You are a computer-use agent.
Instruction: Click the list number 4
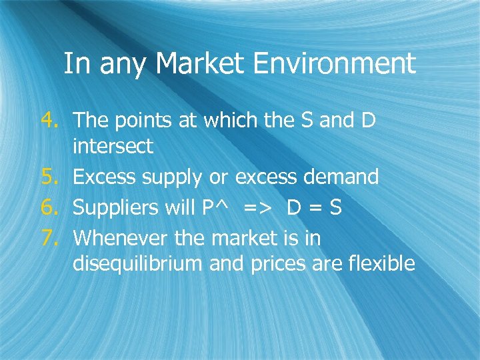(50, 120)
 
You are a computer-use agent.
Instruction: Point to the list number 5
(50, 177)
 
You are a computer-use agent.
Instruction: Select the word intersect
(113, 146)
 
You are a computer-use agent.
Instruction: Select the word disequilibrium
(137, 264)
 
